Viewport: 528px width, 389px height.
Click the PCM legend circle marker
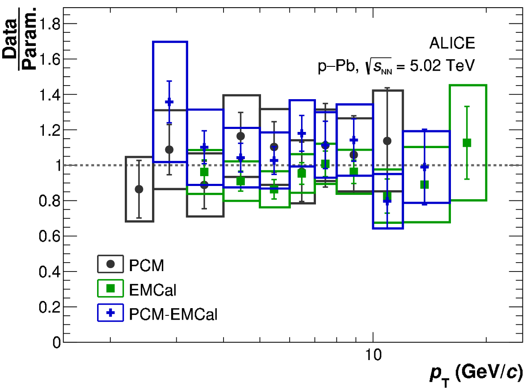pos(110,264)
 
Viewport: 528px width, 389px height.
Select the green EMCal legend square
pos(110,289)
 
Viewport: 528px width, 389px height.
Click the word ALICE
pos(452,43)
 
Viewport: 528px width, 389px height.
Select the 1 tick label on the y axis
pos(56,166)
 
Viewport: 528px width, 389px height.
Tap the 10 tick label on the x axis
pos(373,356)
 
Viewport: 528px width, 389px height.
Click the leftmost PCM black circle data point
pos(139,189)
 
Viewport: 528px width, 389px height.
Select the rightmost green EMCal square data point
pos(467,143)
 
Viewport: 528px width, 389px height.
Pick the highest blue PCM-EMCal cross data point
pos(169,102)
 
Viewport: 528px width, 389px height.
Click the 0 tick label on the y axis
pos(56,343)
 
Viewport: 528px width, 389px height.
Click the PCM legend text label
pos(146,265)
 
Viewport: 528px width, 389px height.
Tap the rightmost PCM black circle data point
pos(387,141)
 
